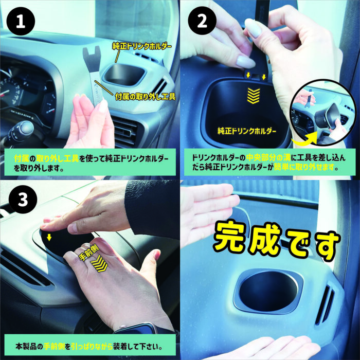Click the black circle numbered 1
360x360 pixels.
(21, 21)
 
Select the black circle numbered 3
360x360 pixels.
(23, 200)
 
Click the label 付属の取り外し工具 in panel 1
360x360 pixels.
(146, 97)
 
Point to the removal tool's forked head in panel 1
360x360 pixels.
(92, 56)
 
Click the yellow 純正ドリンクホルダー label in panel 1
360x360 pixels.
(142, 46)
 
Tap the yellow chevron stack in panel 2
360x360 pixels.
(254, 96)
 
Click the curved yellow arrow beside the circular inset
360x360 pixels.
(303, 139)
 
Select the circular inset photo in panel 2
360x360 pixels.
(323, 113)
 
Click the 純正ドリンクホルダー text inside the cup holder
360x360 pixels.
(246, 131)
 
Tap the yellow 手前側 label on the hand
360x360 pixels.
(88, 253)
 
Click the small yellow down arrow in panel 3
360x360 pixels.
(49, 238)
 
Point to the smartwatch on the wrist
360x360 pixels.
(138, 328)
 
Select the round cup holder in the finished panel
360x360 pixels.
(268, 292)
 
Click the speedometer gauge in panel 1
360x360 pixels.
(10, 89)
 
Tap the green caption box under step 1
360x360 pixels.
(90, 163)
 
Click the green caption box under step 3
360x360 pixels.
(90, 345)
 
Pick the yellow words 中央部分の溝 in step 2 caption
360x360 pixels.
(268, 158)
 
